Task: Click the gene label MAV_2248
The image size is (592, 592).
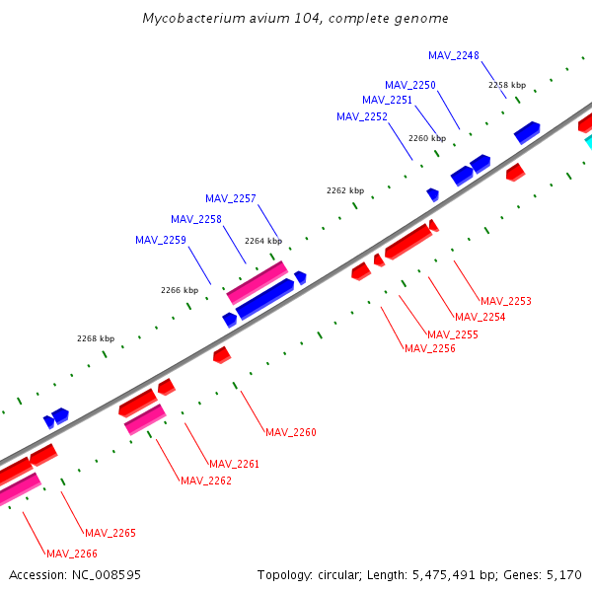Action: pos(454,55)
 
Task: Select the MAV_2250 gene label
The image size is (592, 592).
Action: pos(410,86)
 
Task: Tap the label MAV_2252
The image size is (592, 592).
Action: pos(362,116)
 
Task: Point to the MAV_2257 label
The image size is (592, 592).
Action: pos(231,198)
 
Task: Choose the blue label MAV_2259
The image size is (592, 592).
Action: pos(161,240)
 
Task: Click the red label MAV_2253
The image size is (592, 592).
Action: pos(506,301)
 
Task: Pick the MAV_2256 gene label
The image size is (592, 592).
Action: pos(430,348)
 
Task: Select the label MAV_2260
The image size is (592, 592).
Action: pos(291,432)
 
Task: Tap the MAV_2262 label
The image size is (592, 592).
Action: pos(206,481)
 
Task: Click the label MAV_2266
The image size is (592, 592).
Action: pos(72,554)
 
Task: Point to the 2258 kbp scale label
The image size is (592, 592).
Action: pos(507,85)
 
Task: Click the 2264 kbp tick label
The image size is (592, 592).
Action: pos(263,241)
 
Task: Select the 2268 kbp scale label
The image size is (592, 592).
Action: pos(96,338)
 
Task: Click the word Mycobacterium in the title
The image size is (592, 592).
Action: pos(188,19)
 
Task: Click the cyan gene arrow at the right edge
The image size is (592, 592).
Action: pos(588,141)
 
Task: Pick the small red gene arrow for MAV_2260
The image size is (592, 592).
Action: pos(222,354)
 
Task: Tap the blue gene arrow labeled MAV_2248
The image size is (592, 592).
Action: pos(527,131)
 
